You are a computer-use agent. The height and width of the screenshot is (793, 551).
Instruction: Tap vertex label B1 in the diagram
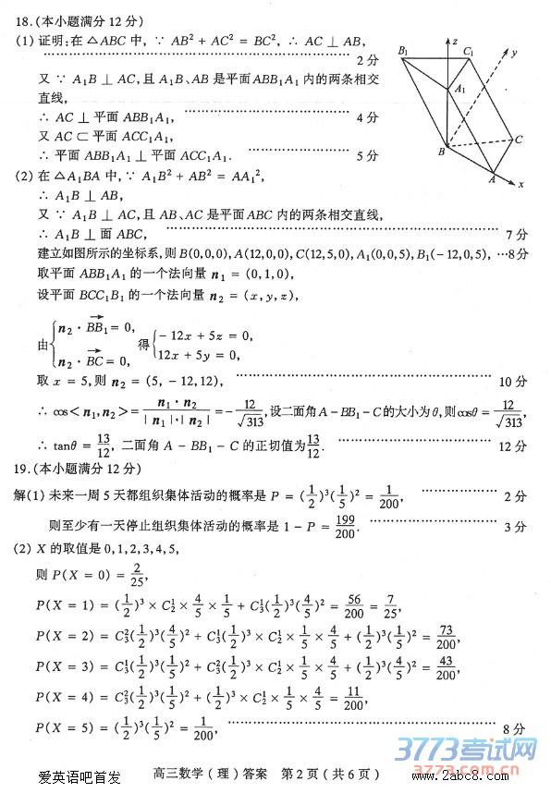tap(403, 50)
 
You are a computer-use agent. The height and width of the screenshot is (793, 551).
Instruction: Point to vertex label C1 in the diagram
tap(470, 52)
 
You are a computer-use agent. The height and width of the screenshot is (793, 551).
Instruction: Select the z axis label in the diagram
tap(455, 42)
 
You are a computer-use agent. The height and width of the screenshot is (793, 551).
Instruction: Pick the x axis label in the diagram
tap(520, 184)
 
